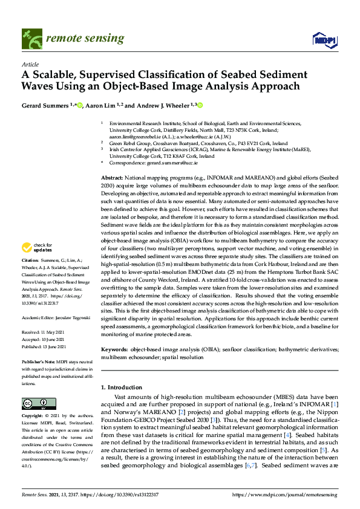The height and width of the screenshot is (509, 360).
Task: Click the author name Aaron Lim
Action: click(96, 105)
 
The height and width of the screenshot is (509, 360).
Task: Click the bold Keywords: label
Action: click(114, 350)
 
